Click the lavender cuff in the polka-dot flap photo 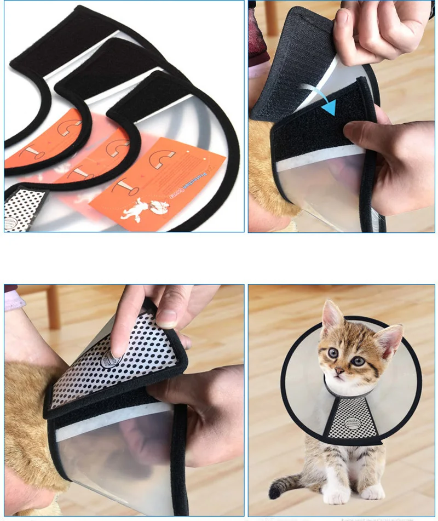click(x=14, y=301)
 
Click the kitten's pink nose click(x=339, y=372)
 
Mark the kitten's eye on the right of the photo click(x=358, y=360)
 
